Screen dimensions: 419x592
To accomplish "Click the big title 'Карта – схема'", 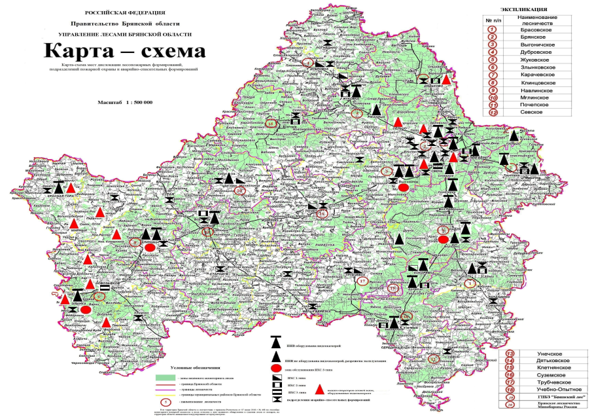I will [x=124, y=51].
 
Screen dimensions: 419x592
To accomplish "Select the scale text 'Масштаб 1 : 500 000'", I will [x=125, y=103].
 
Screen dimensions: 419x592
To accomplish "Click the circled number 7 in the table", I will [x=499, y=76].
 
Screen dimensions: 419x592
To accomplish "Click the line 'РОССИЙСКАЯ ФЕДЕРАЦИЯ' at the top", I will [x=125, y=12].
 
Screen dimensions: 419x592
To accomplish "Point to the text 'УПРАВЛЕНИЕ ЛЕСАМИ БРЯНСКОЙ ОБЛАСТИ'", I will [x=125, y=33].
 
